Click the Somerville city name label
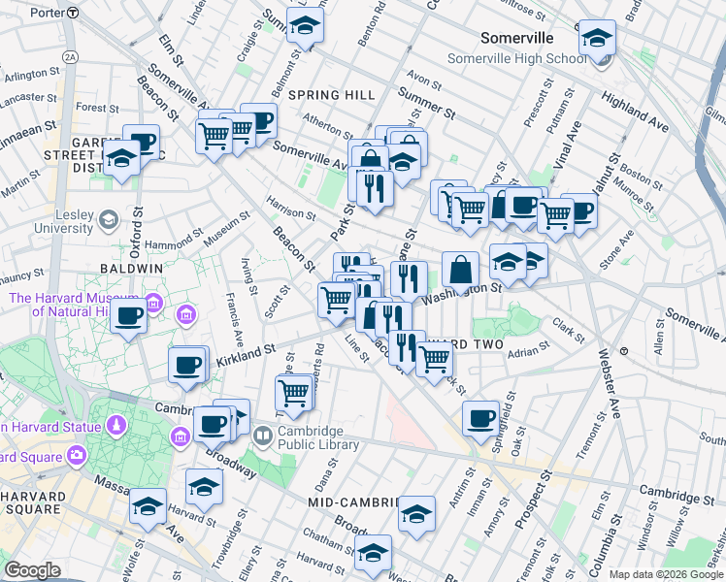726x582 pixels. (517, 38)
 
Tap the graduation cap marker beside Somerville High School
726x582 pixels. (596, 40)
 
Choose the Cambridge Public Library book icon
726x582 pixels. (263, 438)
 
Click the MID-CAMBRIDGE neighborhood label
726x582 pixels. (353, 502)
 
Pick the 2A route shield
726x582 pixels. (70, 58)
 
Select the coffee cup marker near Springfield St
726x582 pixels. (479, 418)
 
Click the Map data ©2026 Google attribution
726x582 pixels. (666, 573)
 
